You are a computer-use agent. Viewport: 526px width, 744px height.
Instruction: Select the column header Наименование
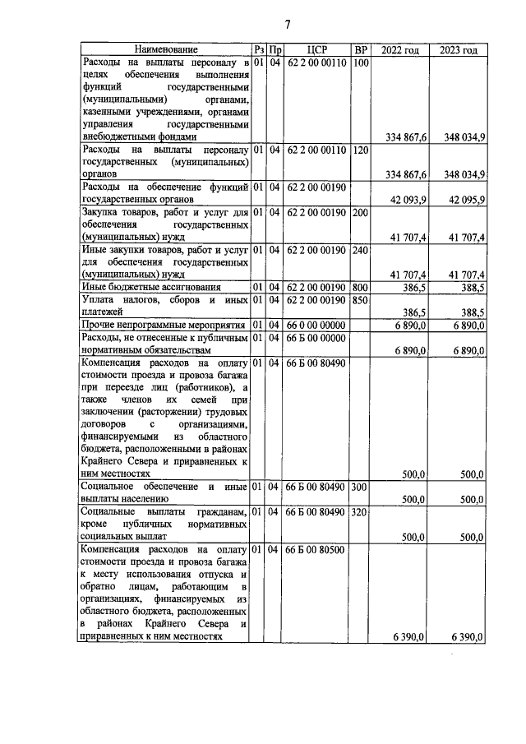tap(166, 50)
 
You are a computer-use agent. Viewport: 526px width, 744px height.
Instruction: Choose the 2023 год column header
tap(459, 50)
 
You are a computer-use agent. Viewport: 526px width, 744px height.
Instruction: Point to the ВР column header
tap(360, 50)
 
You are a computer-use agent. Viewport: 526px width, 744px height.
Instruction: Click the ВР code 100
tap(360, 62)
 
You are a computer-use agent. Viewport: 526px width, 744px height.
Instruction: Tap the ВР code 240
tap(360, 250)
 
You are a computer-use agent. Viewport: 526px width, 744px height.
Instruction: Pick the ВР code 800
tap(360, 287)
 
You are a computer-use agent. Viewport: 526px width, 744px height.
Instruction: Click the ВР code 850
tap(360, 300)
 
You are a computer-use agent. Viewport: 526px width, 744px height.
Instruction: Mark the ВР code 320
tap(360, 512)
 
